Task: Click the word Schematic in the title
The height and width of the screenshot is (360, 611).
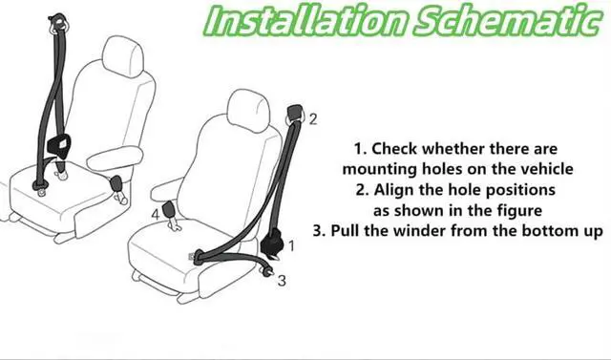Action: click(506, 20)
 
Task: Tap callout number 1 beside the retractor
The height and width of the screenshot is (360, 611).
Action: click(291, 245)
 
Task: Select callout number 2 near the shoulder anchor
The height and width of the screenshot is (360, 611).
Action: click(313, 119)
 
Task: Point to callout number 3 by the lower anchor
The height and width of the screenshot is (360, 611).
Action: click(282, 280)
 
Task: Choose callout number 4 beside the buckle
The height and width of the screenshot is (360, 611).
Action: click(156, 214)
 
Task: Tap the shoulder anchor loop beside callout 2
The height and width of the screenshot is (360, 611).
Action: click(295, 115)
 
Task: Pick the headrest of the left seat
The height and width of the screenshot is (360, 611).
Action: click(123, 55)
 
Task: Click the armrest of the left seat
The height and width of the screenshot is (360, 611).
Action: click(115, 158)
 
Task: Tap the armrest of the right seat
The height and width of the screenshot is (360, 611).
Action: click(167, 189)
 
